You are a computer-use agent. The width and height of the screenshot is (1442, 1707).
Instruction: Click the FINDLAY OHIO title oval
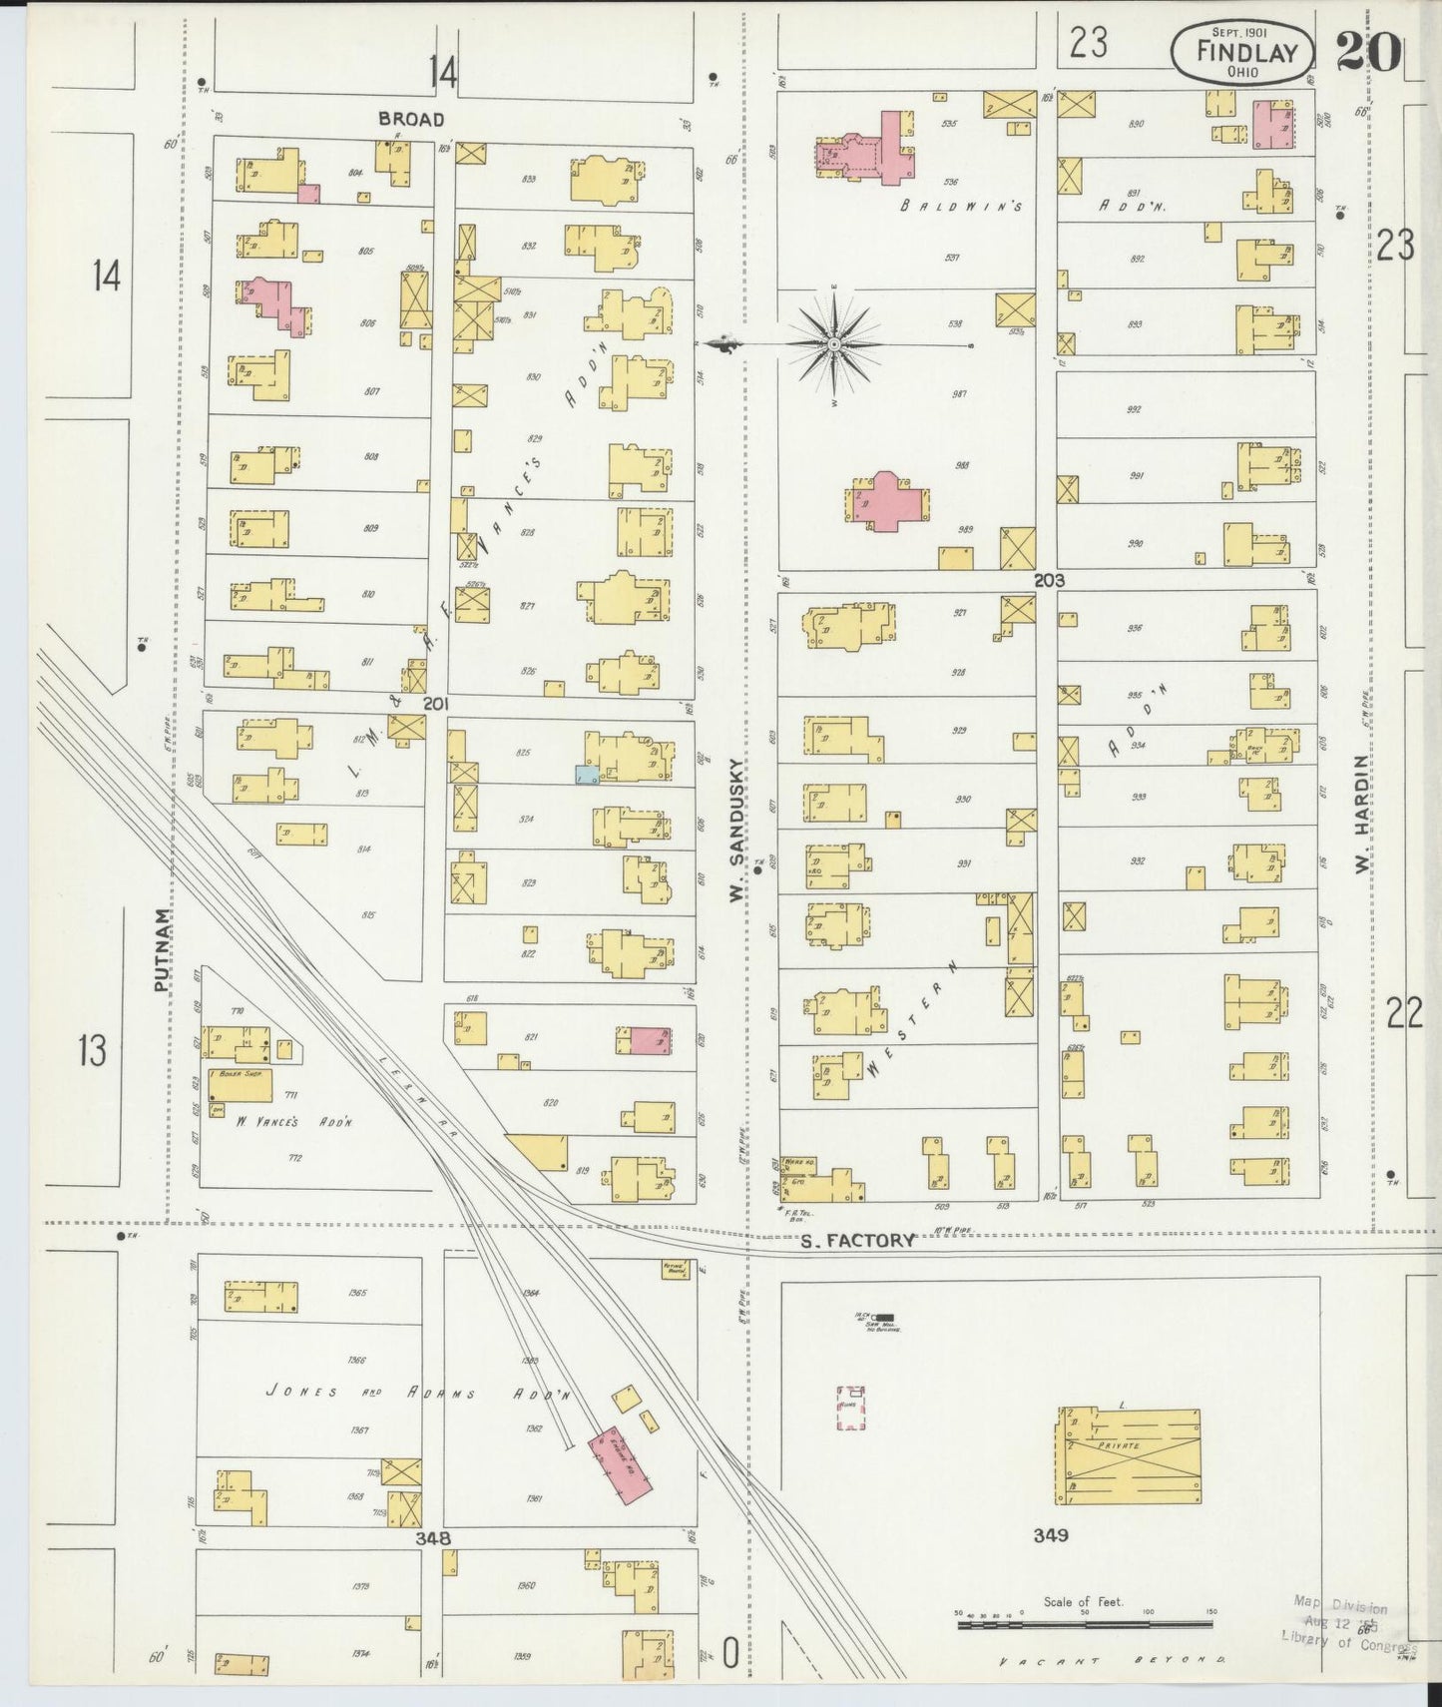[1241, 52]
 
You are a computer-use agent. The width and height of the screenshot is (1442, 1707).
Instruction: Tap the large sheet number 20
[1368, 52]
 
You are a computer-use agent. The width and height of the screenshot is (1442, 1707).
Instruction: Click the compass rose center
[832, 344]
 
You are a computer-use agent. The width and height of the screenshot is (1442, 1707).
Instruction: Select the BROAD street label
[410, 120]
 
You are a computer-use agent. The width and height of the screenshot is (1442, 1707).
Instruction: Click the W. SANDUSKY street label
[737, 831]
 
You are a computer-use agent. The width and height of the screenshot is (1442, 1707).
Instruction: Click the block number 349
[1051, 1534]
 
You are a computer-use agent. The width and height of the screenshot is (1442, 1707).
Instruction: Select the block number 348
[433, 1538]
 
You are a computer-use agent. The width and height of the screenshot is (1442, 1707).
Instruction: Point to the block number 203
[1049, 580]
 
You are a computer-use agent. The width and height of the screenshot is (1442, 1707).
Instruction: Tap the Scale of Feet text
[1083, 1602]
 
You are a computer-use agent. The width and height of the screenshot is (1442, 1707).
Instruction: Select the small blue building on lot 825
[587, 774]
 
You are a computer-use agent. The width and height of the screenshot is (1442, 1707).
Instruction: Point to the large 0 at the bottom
[730, 1655]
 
